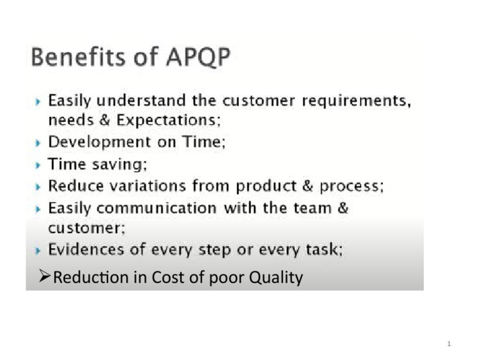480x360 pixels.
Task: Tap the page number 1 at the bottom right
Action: (449, 344)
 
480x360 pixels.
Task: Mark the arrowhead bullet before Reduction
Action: (44, 277)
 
